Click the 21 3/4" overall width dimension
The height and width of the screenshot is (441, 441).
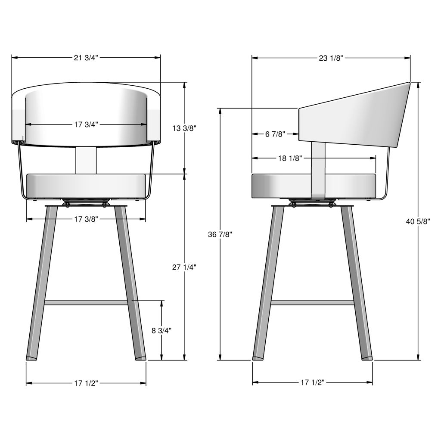coord(86,58)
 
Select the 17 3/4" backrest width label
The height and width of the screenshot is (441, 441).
coord(86,124)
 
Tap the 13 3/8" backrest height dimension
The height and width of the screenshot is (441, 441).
coord(184,128)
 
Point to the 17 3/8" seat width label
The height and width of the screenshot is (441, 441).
coord(86,219)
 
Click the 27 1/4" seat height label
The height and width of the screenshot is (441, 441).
coord(184,267)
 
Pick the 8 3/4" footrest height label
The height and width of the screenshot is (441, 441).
coord(162,330)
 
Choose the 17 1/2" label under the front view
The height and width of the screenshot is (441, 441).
coord(86,383)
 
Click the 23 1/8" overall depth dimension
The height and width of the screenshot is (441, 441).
coord(331,58)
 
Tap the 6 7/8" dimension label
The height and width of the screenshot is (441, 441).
coord(275,134)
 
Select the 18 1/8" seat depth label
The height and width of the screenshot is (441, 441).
coord(290,158)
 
